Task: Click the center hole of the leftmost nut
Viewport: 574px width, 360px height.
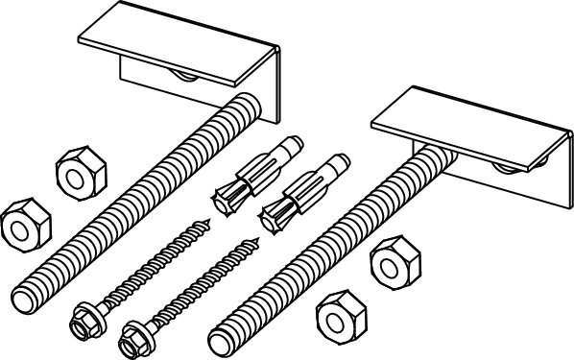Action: pyautogui.click(x=18, y=227)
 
